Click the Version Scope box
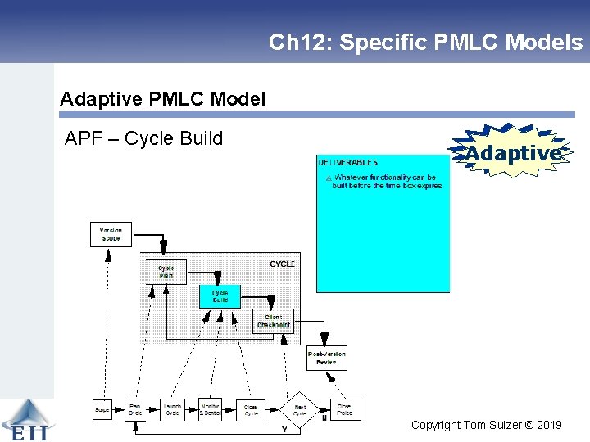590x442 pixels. [111, 234]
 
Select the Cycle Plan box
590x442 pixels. [166, 272]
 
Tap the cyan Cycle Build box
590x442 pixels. [220, 295]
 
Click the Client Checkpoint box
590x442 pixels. [273, 321]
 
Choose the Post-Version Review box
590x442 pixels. [326, 358]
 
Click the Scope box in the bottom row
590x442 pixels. [102, 408]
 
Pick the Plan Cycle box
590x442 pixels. [136, 408]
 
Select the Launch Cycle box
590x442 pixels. [172, 408]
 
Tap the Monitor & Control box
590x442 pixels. [211, 408]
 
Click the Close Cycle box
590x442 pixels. [251, 409]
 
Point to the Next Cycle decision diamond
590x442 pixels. [300, 409]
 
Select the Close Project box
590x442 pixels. [344, 409]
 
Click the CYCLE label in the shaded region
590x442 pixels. [282, 264]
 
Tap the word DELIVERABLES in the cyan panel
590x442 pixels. [347, 163]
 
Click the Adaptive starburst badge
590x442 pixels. [512, 153]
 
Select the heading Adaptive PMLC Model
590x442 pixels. [163, 100]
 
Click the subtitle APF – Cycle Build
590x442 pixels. [143, 138]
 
